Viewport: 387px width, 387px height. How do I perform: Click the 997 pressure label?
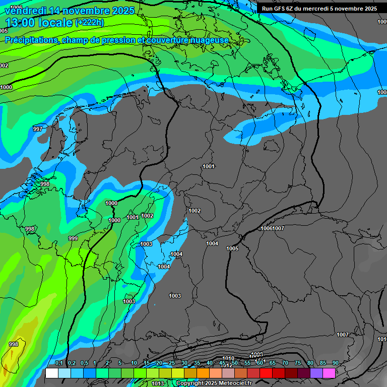pos(38,130)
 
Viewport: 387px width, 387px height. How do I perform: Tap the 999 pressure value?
pos(73,238)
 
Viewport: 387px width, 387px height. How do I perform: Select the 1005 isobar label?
pos(232,248)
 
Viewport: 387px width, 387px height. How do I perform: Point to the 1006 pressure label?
pos(267,228)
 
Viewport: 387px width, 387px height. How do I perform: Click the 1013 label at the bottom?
pos(158,383)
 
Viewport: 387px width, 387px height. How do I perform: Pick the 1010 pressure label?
pos(228,358)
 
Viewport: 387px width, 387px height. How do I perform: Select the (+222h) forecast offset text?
pos(89,23)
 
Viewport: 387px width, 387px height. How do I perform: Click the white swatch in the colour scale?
pos(52,373)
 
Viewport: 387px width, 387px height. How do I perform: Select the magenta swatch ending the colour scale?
pos(329,373)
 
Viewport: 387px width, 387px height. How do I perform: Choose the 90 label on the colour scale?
pos(336,363)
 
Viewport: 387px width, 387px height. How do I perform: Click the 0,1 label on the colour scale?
pos(59,363)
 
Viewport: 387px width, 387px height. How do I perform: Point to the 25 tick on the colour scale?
pos(172,363)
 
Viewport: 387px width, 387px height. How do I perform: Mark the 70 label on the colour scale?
pos(285,363)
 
